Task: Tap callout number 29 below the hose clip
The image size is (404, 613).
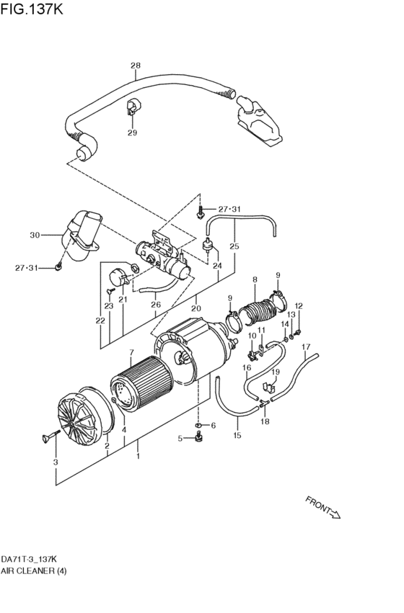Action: click(132, 133)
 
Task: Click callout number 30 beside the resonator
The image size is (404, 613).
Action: click(34, 235)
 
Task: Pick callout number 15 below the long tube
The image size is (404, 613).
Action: click(237, 435)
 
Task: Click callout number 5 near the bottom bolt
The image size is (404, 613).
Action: click(180, 438)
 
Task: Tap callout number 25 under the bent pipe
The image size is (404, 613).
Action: click(234, 246)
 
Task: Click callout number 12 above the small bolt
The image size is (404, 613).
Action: click(298, 306)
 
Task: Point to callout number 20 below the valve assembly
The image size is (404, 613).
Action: click(196, 308)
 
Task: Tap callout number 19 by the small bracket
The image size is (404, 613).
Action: click(276, 372)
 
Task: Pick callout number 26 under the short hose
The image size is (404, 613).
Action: click(155, 305)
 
